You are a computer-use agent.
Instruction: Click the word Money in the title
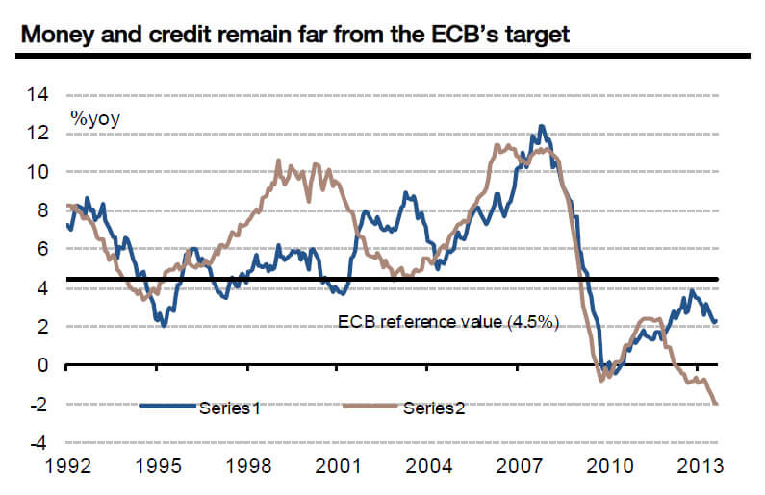(59, 36)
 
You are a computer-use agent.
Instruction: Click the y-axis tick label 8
(42, 210)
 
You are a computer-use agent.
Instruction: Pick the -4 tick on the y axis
(38, 443)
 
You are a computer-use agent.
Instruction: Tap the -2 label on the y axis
(38, 405)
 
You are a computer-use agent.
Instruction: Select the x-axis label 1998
(247, 467)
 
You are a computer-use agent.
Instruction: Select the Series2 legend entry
(433, 407)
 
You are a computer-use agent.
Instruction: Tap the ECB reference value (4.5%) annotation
(448, 321)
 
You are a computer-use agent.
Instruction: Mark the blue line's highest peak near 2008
(541, 126)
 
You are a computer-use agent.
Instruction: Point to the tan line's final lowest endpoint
(716, 404)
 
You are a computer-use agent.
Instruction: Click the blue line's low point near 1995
(165, 326)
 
